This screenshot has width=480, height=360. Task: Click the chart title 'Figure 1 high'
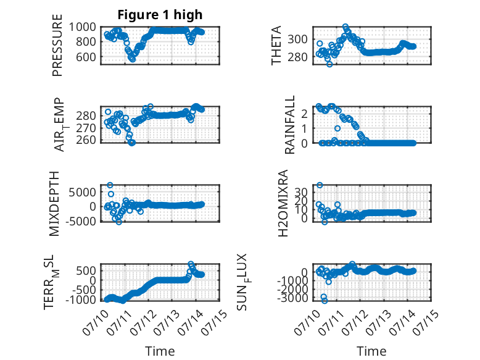point(160,15)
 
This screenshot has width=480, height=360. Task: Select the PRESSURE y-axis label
point(57,45)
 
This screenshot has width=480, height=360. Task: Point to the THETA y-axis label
point(276,45)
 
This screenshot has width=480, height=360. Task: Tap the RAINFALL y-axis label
point(289,124)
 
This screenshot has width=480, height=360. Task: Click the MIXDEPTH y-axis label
point(54,203)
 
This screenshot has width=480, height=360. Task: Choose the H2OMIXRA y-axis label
point(283,203)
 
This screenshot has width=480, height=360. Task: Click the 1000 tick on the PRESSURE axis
point(82,27)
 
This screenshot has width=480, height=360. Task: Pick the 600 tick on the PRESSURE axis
point(86,57)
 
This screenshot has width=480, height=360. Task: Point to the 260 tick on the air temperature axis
point(86,140)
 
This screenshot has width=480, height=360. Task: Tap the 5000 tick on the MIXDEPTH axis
point(82,193)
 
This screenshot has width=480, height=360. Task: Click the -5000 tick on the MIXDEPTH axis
point(80,221)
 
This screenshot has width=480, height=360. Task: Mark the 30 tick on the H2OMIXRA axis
point(301,192)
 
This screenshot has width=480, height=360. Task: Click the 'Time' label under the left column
point(160,351)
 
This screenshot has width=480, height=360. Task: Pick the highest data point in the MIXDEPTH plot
point(110,185)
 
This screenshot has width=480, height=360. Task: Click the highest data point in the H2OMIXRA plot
point(320,185)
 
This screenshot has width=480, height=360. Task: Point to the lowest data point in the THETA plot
point(329,64)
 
